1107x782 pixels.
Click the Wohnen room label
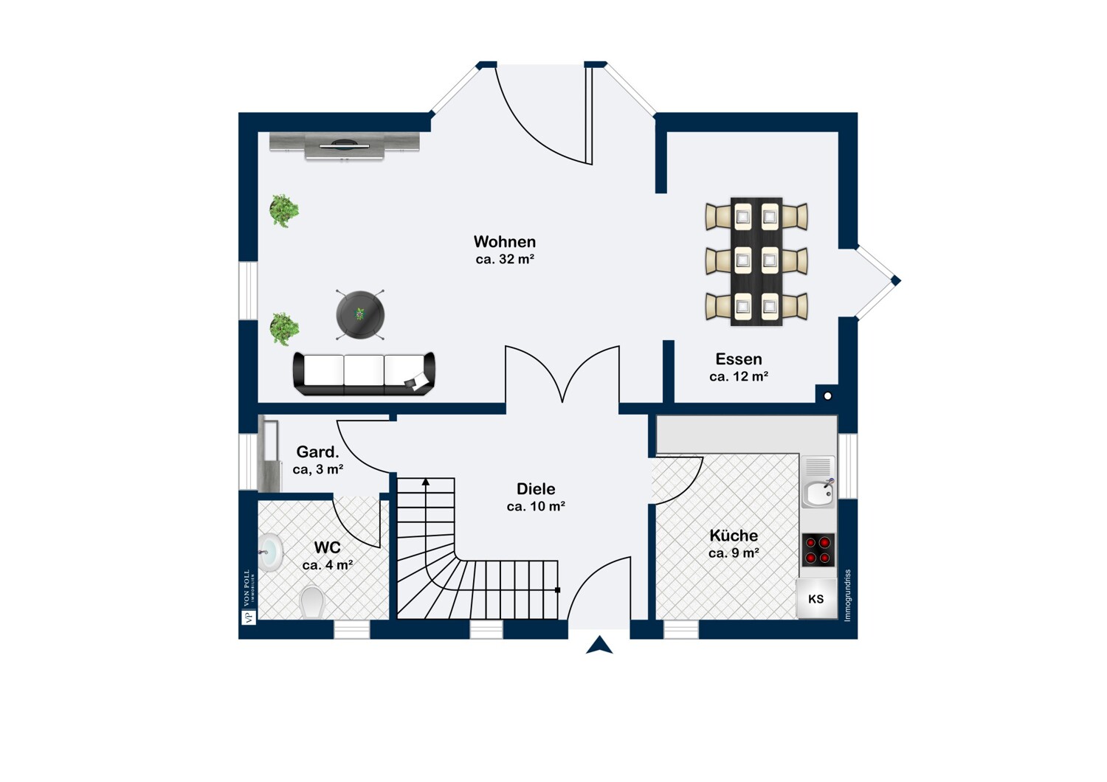click(505, 242)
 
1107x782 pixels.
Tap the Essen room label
click(738, 359)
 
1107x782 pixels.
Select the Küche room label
click(734, 536)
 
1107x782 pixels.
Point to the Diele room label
click(536, 489)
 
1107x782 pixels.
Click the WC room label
click(327, 547)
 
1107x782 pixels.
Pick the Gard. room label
click(317, 452)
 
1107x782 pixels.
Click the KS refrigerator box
click(815, 599)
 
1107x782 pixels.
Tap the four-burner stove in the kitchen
click(818, 550)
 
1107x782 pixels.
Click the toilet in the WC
click(313, 602)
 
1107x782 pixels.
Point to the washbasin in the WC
click(271, 552)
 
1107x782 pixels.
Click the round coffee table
click(360, 314)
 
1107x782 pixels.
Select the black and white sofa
click(364, 373)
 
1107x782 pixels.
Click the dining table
click(756, 261)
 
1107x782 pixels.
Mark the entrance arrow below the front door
click(599, 646)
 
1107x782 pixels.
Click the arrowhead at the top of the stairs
click(426, 482)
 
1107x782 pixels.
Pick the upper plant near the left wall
click(284, 210)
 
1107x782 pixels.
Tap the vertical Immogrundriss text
click(847, 595)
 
